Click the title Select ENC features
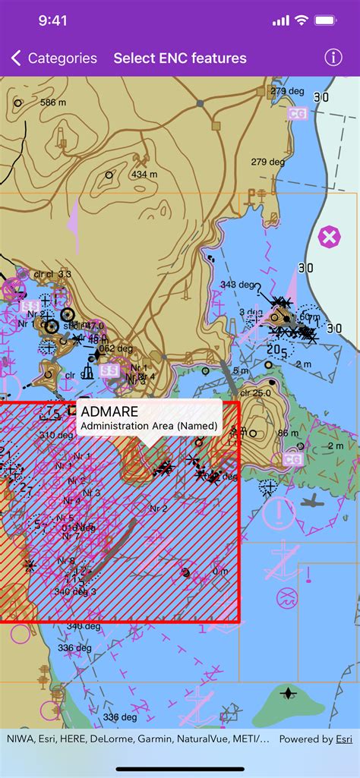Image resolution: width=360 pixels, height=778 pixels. pos(180,58)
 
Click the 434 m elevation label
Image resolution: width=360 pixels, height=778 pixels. pos(144,174)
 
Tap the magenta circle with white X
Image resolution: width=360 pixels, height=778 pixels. pos(329,237)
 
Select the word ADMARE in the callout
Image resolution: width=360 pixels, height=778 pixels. pos(109,411)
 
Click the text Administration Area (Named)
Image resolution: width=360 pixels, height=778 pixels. pos(150,426)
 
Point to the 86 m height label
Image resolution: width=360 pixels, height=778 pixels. pos(288,433)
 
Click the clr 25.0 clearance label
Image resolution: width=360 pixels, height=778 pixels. pos(255,393)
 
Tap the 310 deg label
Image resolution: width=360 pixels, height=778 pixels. pos(57,436)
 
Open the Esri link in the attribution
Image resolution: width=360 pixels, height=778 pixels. pos(344,739)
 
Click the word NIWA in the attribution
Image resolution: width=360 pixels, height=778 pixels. pos(20,739)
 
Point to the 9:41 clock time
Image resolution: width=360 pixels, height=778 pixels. pos(53,20)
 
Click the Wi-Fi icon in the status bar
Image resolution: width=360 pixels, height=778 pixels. pos(302,20)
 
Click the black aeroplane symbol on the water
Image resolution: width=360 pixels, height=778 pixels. pos(311,500)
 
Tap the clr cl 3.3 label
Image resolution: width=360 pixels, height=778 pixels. pos(52,273)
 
